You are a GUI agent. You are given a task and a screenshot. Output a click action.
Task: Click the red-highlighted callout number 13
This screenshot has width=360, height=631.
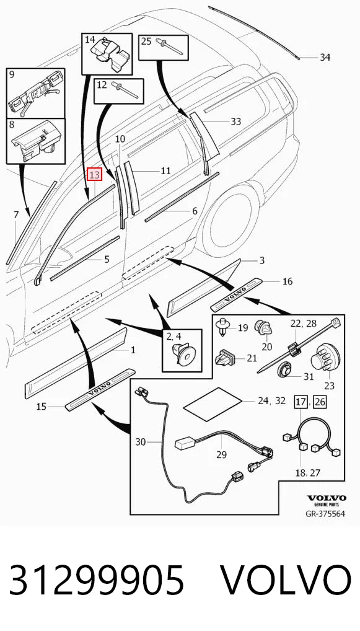pos(95,175)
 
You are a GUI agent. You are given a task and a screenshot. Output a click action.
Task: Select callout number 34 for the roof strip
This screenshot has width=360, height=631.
pos(325,58)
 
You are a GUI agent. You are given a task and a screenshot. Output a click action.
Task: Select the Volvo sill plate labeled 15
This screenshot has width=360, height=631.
pos(100,389)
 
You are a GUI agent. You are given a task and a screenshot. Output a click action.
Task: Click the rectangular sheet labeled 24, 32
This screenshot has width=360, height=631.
pos(213,404)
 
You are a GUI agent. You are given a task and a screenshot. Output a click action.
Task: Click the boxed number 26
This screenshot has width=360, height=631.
pos(320,401)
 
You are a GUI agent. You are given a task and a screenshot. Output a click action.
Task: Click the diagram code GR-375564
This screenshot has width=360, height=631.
pos(325,514)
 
